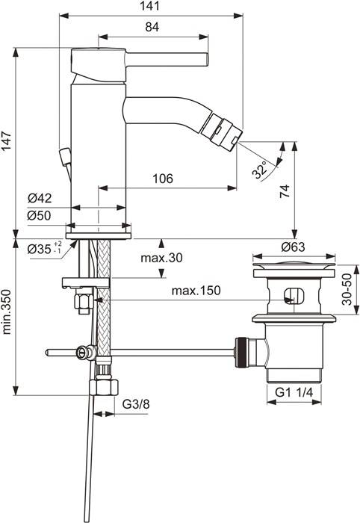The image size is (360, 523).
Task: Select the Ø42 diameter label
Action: (39, 198)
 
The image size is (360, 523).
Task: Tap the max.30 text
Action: (163, 258)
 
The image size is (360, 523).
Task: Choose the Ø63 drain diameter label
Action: (294, 247)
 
